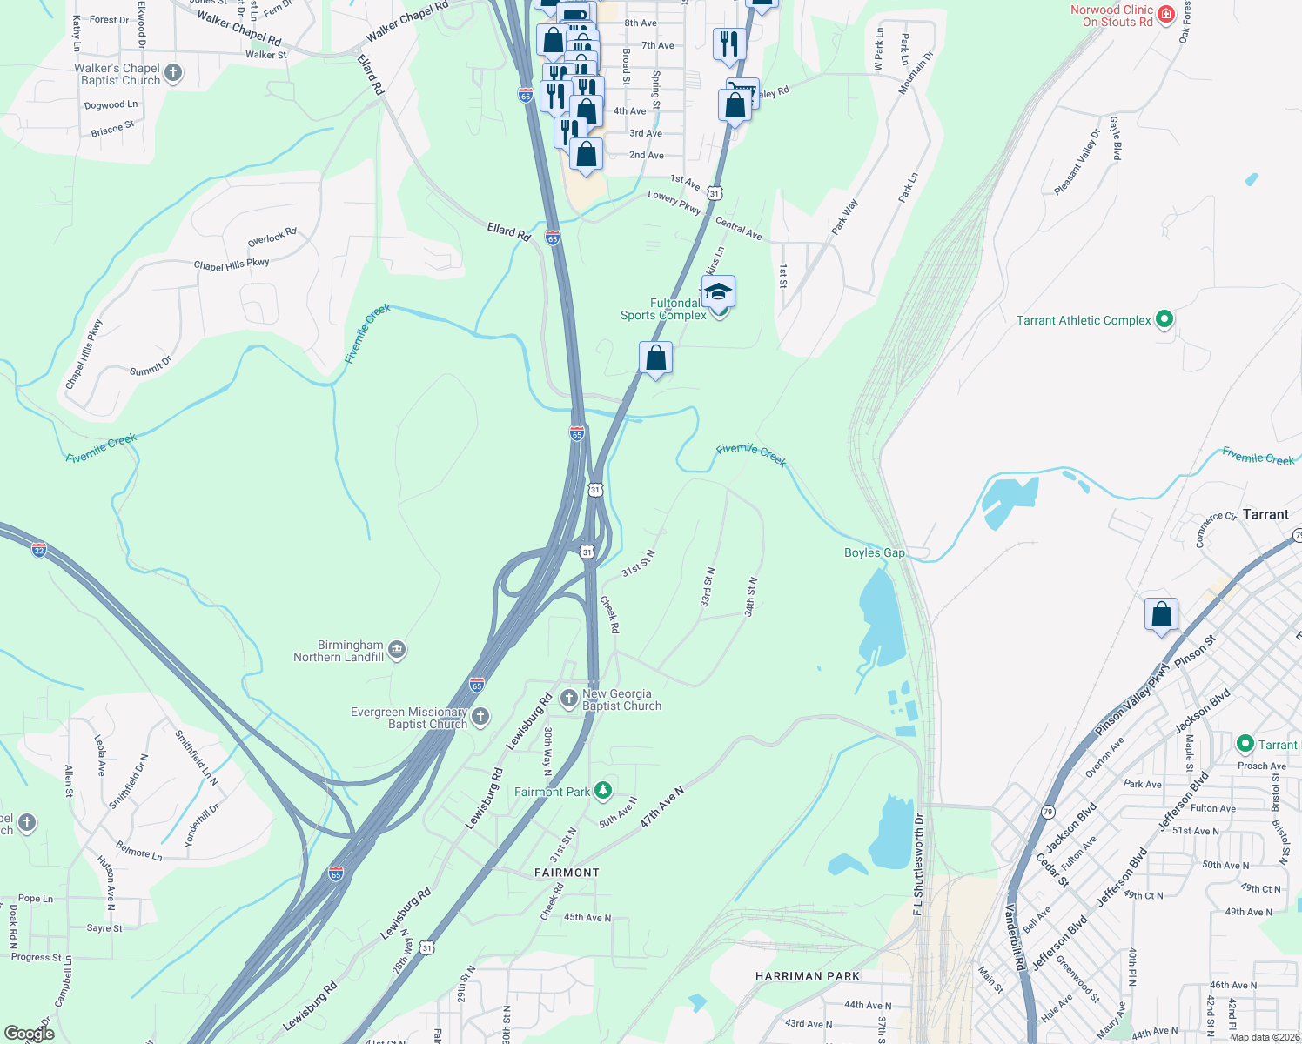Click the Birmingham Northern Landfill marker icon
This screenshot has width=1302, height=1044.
tap(397, 650)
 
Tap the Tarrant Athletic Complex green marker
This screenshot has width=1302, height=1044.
tap(1164, 319)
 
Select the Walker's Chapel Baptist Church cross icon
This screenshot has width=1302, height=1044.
tap(173, 73)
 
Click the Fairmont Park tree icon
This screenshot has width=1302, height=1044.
tap(602, 791)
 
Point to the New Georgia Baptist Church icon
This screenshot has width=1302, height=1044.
tap(569, 698)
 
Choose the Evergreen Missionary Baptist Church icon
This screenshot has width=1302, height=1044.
tap(480, 717)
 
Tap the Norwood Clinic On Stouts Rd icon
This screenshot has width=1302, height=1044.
tap(1166, 15)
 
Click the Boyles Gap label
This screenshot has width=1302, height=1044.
tap(875, 552)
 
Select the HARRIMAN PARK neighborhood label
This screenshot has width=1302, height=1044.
tap(808, 976)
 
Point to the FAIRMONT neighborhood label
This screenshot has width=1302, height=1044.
tap(567, 873)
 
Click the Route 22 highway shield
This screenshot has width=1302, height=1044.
tap(38, 550)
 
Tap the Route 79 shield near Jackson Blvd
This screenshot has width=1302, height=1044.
tap(1048, 812)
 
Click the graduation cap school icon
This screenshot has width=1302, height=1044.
tap(718, 291)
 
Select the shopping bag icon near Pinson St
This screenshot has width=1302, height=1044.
tap(1161, 615)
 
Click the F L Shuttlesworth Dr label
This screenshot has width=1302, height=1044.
tap(918, 864)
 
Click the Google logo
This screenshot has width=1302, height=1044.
tap(30, 1034)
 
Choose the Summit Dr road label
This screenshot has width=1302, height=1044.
tap(151, 366)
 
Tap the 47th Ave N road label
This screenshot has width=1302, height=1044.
tap(662, 807)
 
